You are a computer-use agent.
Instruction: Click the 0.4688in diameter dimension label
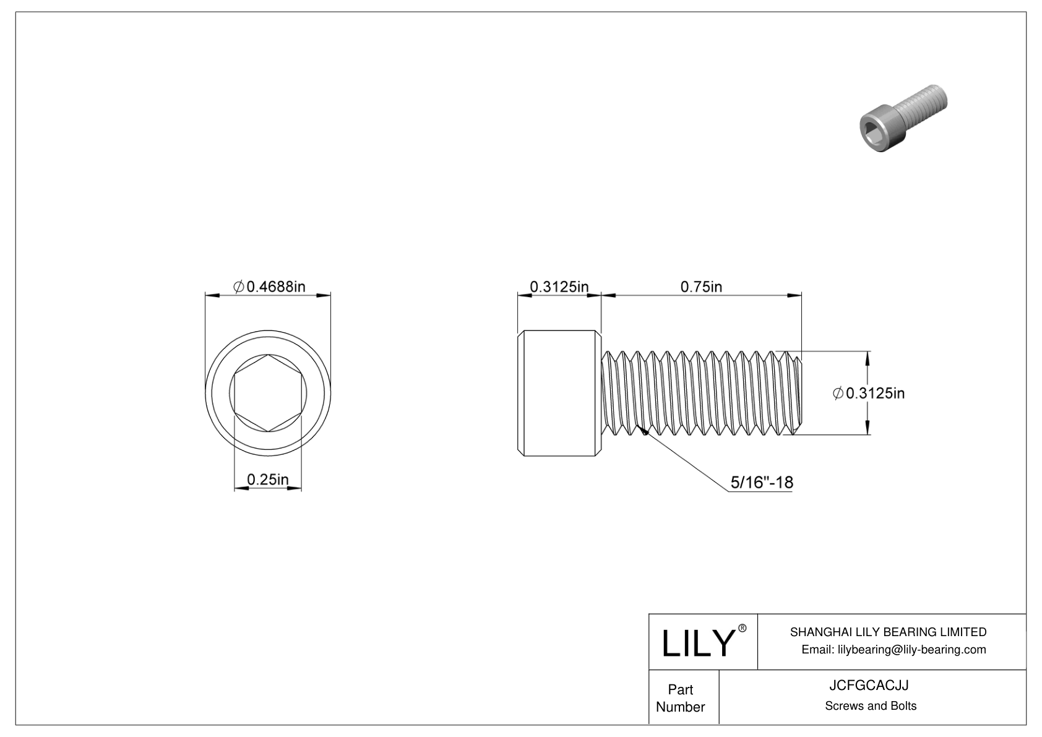[269, 287]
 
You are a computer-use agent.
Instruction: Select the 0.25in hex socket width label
[267, 480]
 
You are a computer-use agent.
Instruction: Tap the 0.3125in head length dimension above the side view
[559, 287]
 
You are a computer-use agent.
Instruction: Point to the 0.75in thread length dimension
[701, 287]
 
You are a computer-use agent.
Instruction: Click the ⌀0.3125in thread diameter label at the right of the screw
[869, 393]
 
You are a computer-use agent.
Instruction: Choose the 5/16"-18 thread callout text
[762, 483]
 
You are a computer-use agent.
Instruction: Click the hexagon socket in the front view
[267, 394]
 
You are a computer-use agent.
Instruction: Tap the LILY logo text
[697, 644]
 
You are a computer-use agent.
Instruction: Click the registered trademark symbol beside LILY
[743, 628]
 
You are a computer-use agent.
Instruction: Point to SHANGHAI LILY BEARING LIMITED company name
[888, 632]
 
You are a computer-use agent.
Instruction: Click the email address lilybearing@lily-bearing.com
[893, 649]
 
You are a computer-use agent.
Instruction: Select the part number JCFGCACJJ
[870, 686]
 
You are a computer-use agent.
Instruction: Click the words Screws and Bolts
[870, 706]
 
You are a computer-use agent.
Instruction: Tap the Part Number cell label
[680, 698]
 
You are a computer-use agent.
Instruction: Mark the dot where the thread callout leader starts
[644, 433]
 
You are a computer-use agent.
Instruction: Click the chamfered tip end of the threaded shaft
[798, 394]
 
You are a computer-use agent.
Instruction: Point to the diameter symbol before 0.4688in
[238, 287]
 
